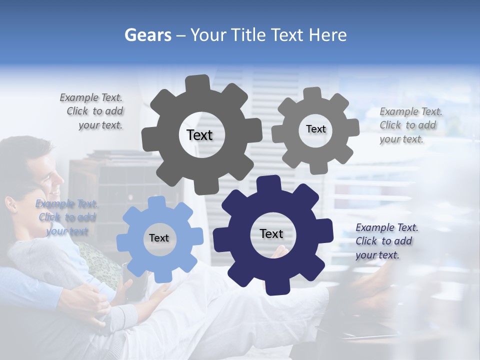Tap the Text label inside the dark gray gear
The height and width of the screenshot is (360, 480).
(x=199, y=135)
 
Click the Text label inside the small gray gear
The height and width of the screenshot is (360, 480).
(x=315, y=129)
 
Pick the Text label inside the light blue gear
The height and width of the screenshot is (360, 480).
(x=159, y=238)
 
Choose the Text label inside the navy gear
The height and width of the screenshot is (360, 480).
(x=271, y=233)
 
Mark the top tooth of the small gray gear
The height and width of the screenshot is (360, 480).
(x=312, y=93)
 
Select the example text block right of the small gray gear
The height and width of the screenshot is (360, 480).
(x=410, y=125)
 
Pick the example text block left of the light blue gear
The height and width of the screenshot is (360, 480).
(x=66, y=217)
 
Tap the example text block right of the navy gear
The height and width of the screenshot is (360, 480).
(x=386, y=241)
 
